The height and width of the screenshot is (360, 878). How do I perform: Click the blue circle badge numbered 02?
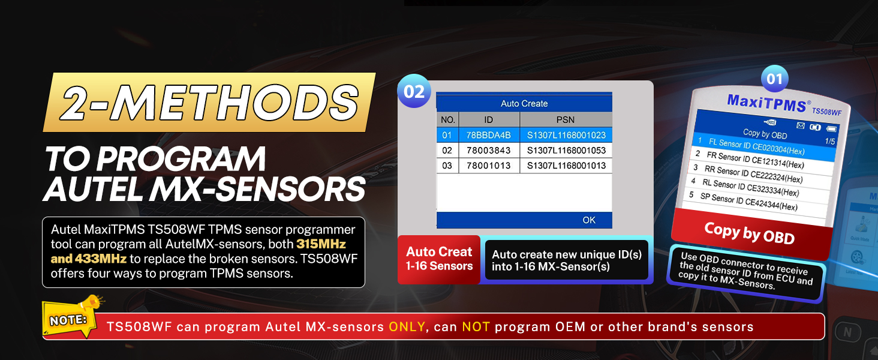click(x=414, y=91)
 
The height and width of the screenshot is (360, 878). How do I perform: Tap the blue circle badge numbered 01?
click(x=774, y=79)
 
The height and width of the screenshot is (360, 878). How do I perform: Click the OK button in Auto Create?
click(x=589, y=220)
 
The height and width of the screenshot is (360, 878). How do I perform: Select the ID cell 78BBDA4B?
click(x=488, y=135)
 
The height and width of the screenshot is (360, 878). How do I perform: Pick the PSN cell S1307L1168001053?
click(x=566, y=150)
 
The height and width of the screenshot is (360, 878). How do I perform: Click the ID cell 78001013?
click(x=488, y=166)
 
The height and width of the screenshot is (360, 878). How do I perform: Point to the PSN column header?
click(x=566, y=119)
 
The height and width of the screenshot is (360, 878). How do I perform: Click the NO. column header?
click(x=447, y=119)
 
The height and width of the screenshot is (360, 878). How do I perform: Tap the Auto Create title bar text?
click(x=524, y=104)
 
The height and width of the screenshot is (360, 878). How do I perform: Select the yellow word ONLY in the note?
click(x=407, y=326)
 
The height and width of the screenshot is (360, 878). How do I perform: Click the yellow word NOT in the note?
click(x=476, y=326)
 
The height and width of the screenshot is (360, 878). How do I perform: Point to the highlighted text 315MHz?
click(x=321, y=244)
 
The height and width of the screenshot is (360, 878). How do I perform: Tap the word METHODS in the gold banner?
click(x=236, y=103)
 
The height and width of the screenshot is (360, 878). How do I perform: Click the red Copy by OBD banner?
click(x=751, y=233)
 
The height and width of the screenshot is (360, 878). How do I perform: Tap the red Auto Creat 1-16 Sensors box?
click(x=439, y=259)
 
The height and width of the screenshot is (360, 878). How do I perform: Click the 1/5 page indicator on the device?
click(x=830, y=141)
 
